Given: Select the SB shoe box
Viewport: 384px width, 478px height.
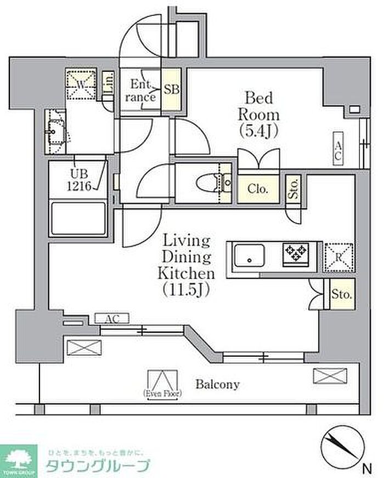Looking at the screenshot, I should click(172, 90).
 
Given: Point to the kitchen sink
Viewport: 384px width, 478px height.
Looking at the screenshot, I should click(249, 255).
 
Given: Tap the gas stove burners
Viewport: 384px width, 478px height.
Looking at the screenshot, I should click(296, 254).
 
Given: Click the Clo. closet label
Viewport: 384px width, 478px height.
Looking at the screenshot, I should click(258, 190).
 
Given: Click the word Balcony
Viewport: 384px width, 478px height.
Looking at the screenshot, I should click(218, 384).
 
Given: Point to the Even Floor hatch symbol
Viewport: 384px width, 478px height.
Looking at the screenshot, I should click(163, 382).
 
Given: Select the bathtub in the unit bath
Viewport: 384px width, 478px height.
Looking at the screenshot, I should click(78, 219).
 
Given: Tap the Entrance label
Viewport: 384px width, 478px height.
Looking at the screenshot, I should click(140, 91).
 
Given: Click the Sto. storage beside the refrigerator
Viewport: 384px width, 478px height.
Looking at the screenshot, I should click(340, 294).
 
